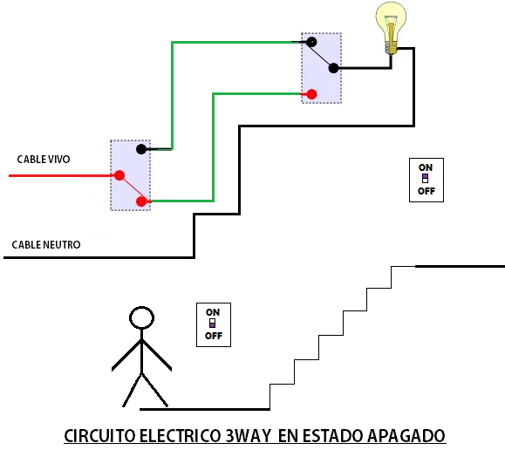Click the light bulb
pos(391,26)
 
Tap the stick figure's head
pos(140,317)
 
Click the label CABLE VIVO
pos(44,160)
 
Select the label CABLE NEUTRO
pos(46,245)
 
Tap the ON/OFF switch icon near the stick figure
pos(213,324)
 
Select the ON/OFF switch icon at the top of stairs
pos(426,180)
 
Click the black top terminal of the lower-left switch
pos(140,149)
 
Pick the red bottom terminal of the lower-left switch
pos(141,202)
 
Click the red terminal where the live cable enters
pos(118,175)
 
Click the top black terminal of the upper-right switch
pos(311,42)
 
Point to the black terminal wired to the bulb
pos(333,68)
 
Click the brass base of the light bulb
pos(392,49)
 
